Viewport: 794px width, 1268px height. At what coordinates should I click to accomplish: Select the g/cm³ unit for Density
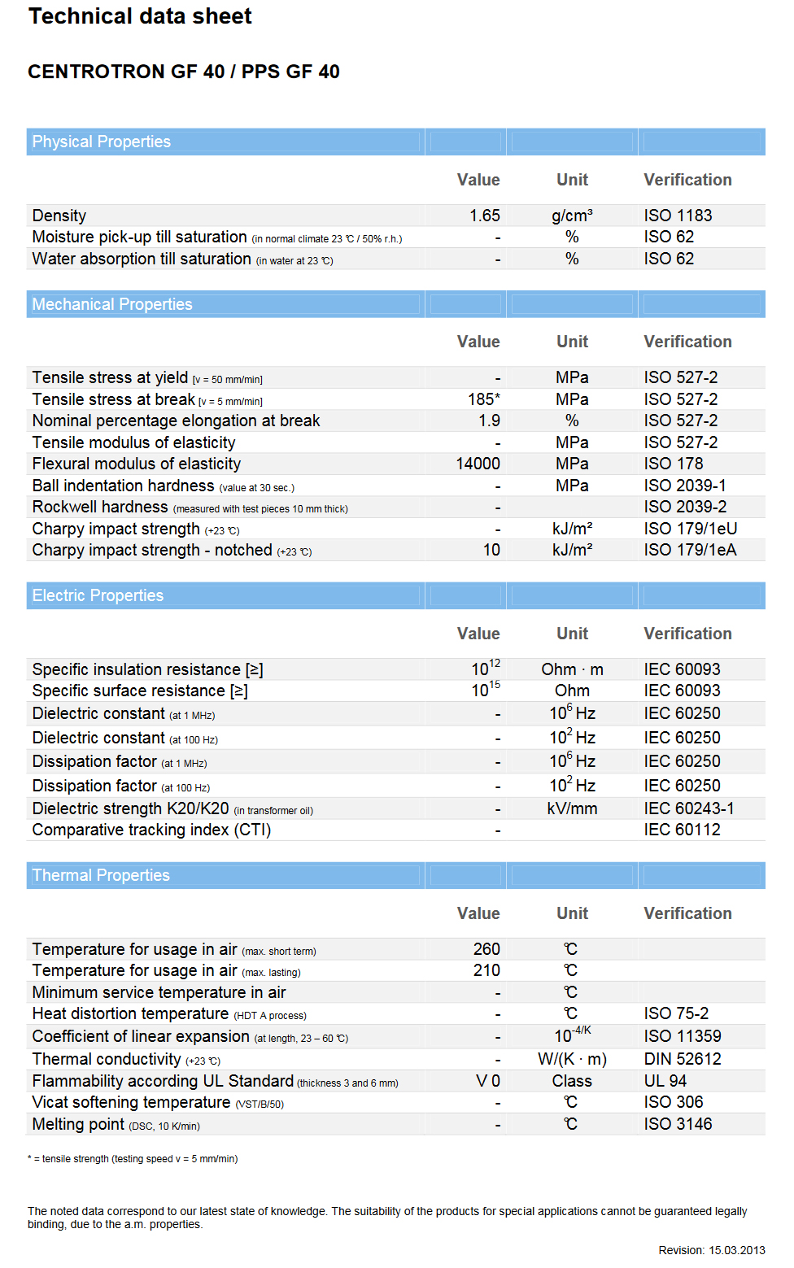(572, 216)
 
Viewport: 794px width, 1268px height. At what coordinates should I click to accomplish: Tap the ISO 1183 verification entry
(678, 216)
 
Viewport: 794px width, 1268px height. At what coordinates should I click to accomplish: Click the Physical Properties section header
(102, 142)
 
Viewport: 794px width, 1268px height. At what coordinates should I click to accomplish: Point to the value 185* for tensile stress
(483, 399)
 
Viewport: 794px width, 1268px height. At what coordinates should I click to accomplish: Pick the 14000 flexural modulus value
(478, 464)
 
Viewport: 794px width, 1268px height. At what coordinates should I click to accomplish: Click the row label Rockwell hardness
(100, 507)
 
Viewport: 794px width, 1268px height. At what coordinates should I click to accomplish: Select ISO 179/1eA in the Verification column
(690, 550)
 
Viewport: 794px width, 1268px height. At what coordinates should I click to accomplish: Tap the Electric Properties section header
(98, 595)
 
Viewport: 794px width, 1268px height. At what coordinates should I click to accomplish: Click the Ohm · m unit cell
(572, 669)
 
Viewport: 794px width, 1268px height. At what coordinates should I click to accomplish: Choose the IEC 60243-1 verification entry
(688, 808)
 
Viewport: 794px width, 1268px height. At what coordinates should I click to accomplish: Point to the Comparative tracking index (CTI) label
(151, 830)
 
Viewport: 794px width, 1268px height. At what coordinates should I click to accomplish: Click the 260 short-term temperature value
(486, 949)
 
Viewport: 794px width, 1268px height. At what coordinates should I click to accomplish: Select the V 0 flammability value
(488, 1081)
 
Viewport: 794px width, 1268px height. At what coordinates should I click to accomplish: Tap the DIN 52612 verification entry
(682, 1059)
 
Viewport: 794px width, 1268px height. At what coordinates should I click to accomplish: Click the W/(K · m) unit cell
(572, 1059)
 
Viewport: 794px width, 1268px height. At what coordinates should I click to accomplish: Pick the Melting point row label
(78, 1124)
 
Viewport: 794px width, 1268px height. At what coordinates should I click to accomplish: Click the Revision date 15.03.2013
(736, 1250)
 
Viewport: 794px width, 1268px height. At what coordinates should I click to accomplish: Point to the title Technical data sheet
(140, 16)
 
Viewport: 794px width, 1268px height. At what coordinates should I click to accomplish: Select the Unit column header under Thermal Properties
(572, 913)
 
